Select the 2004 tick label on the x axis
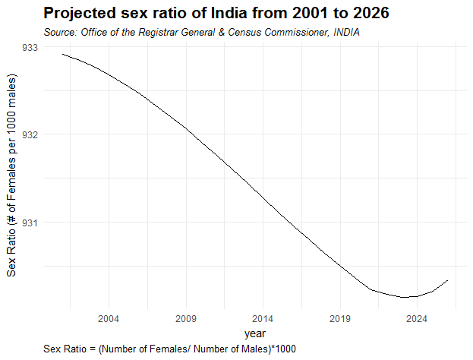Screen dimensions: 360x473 tap(109, 318)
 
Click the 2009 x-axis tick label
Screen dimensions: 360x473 tap(186, 318)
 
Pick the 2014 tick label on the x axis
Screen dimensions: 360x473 tap(263, 318)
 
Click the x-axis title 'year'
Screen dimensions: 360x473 tap(255, 333)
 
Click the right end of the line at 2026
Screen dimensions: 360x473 tap(448, 280)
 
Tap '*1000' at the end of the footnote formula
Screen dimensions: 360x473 tap(281, 348)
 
